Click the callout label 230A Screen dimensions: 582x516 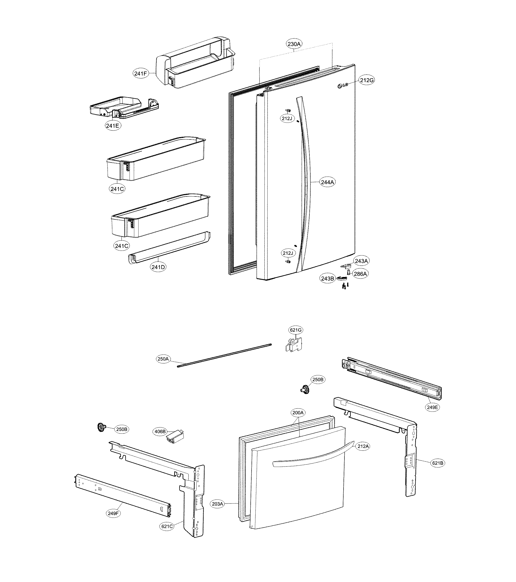(294, 44)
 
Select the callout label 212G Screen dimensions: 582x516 (367, 80)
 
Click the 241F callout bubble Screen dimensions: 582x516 (141, 73)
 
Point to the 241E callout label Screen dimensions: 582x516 (113, 125)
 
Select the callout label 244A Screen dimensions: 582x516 (327, 182)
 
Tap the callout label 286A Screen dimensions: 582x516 (360, 274)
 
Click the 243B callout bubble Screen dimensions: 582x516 (327, 279)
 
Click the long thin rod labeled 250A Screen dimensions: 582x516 (225, 355)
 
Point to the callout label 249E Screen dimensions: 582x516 (432, 407)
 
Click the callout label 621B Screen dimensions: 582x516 (437, 463)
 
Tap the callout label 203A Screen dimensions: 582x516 (218, 504)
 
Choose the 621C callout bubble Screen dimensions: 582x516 (167, 526)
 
